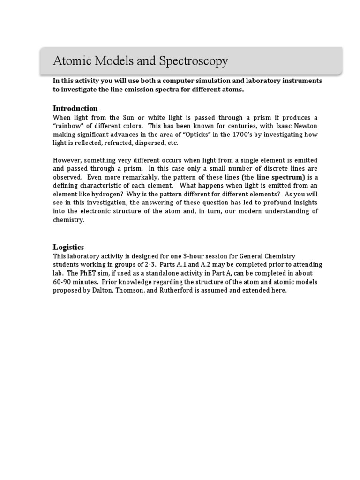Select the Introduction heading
pos(75,108)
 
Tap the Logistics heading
pos(68,247)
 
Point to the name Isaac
pos(278,126)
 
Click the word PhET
pos(94,273)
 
